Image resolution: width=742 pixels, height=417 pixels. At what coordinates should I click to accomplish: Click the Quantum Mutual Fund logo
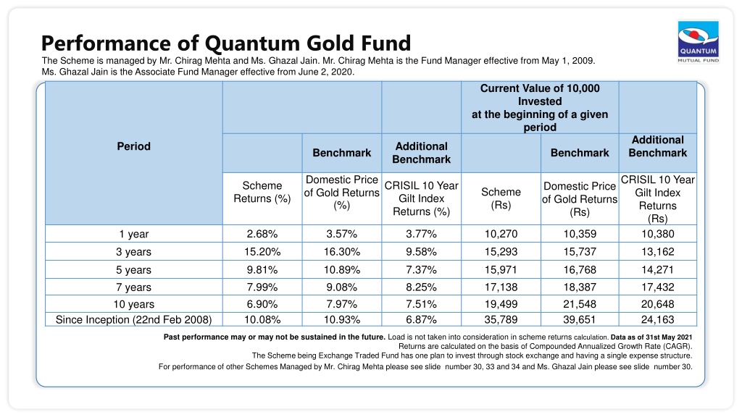point(699,42)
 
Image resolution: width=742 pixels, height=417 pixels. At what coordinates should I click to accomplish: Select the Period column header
point(133,146)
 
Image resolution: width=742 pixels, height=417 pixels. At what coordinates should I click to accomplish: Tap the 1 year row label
point(133,234)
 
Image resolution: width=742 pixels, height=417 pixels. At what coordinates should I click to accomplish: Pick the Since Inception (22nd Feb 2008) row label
point(133,319)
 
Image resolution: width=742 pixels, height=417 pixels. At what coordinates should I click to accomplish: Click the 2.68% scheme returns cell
point(262,234)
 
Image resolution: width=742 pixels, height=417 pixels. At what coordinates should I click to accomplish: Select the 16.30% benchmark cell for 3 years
point(342,252)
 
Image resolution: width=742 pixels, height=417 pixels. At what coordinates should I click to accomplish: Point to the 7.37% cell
point(421,270)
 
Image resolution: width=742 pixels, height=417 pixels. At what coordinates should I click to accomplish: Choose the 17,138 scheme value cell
point(501,287)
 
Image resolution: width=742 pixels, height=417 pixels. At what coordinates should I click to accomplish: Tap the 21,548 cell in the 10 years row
point(580,304)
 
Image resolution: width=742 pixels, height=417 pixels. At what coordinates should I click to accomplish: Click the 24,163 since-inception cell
point(658,319)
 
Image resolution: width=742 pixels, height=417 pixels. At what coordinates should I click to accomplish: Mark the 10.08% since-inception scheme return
point(262,319)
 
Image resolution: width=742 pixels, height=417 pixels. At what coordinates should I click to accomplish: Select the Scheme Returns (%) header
point(262,192)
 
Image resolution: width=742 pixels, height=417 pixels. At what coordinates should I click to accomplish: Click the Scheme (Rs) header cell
point(501,198)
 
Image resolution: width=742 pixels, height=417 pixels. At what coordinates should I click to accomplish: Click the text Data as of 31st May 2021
point(651,337)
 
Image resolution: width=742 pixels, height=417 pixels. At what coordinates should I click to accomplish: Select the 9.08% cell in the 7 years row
point(342,287)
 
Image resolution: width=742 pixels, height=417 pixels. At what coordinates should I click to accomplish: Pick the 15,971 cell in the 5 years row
point(501,270)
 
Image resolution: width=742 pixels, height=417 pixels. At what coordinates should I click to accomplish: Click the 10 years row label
point(133,305)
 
